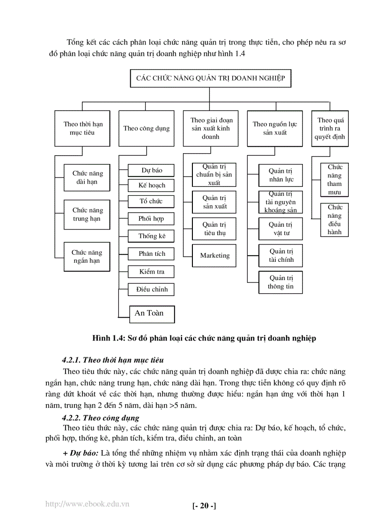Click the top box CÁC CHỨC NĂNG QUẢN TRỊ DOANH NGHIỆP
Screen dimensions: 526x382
(x=210, y=78)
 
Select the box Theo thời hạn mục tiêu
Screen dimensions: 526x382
(x=82, y=128)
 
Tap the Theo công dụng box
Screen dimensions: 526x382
(x=147, y=128)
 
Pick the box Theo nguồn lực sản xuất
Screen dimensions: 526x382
(x=275, y=128)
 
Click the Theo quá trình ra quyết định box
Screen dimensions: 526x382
(x=331, y=128)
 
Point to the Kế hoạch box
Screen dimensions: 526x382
(x=152, y=185)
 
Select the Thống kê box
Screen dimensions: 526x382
(x=152, y=236)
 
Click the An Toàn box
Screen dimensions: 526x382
(x=149, y=313)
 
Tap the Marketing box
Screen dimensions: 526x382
(x=215, y=256)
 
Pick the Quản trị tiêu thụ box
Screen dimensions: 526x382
(x=215, y=229)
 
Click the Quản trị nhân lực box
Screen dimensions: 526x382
(x=281, y=175)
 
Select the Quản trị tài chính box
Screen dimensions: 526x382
(x=281, y=256)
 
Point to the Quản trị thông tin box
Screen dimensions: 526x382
(x=281, y=282)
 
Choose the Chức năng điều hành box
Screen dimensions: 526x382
(x=335, y=219)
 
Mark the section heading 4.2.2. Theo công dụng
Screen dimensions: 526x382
(x=101, y=418)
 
